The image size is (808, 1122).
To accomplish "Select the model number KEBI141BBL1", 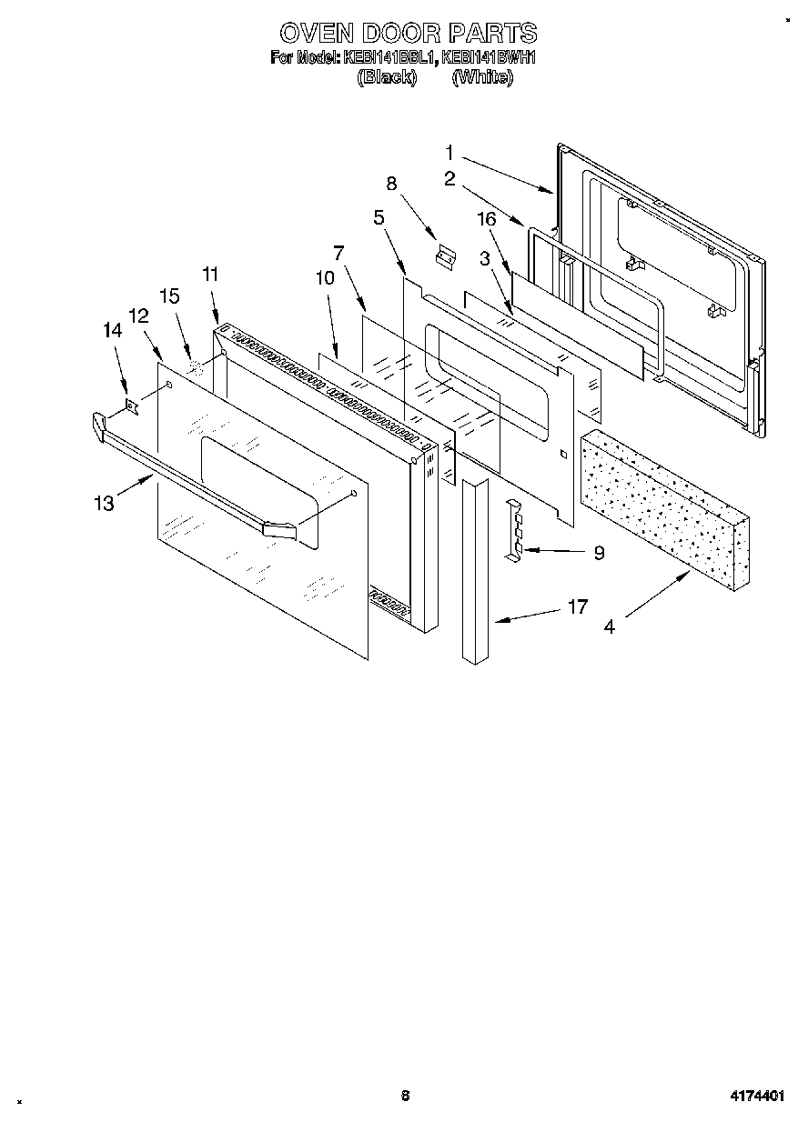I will pos(389,58).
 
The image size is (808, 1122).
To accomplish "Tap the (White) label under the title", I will pos(482,77).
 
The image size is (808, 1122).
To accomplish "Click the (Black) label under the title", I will pos(387,77).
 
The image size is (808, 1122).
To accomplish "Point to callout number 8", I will pos(391,183).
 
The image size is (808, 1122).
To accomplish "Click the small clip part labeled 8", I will pos(446,256).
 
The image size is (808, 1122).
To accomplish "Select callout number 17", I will pos(578,607).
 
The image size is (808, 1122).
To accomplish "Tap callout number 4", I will pos(608,626).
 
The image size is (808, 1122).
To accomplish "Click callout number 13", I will pos(106,502).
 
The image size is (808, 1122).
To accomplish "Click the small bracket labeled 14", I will pos(132,404).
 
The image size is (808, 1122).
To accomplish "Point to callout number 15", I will pos(169,296).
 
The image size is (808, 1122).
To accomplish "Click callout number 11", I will pos(210,274).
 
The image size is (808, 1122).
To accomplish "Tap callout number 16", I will pos(487,218).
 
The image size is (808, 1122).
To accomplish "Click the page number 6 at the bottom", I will pos(405,1096).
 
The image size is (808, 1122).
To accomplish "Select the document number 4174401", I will pos(758,1097).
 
